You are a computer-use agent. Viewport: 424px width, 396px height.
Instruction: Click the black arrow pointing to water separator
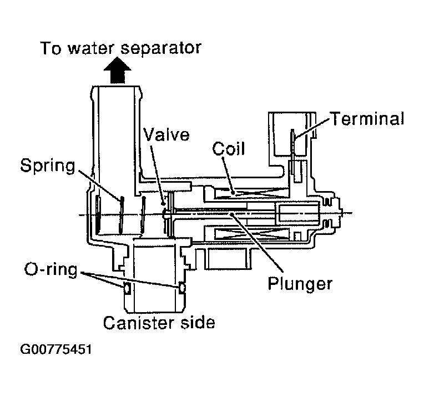coord(118,72)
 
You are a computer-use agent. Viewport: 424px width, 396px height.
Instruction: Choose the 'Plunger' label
coord(300,283)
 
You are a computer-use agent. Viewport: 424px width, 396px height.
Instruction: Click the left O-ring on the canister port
coord(127,288)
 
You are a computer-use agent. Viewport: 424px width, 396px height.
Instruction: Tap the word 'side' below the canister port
coord(195,322)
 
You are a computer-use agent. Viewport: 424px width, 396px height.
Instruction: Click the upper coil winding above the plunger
coord(247,194)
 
